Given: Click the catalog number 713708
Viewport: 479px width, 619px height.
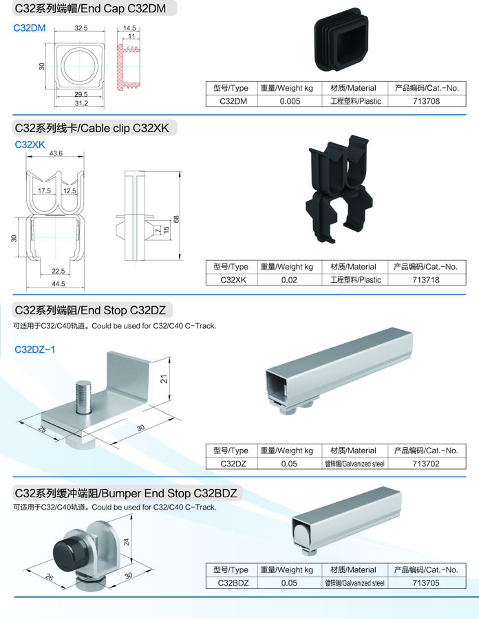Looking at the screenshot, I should [426, 101].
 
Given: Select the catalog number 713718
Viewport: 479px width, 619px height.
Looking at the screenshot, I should [426, 280].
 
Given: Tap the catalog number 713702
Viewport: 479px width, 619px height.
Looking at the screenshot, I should [426, 464].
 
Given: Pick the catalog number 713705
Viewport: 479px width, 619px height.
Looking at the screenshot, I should [426, 583].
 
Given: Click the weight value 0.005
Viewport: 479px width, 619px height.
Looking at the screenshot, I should [290, 101].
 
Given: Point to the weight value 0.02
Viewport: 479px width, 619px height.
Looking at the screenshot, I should [290, 280].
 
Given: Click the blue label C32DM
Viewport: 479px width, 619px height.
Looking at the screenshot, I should [30, 28].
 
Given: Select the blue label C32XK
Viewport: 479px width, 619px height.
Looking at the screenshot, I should [30, 144].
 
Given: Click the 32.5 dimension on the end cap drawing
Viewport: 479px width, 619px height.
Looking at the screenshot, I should [81, 28].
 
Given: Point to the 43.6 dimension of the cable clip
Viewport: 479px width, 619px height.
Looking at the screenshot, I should [56, 153].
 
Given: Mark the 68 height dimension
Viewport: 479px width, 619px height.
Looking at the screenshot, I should [176, 219].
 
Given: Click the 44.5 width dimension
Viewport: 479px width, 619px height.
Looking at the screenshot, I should [58, 283].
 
